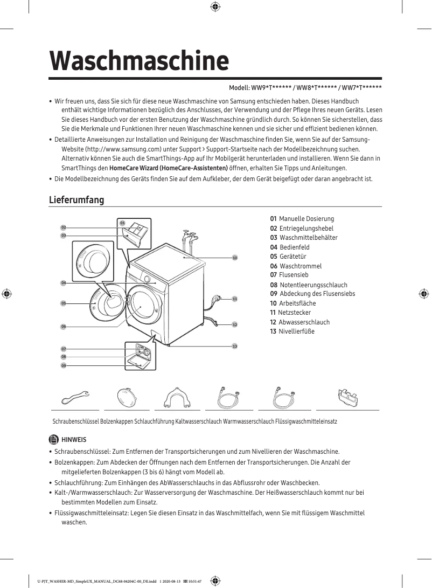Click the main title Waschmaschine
point(139,61)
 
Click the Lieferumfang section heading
point(76,200)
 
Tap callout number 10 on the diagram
point(235,258)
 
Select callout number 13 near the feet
point(235,345)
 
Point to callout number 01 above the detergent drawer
point(122,223)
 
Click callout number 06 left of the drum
point(63,327)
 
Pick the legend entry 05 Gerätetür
point(290,257)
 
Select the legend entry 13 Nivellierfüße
point(292,331)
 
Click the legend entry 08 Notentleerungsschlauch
point(309,285)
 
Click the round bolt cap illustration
point(129,400)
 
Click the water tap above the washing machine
point(188,236)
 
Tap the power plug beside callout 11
point(217,298)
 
